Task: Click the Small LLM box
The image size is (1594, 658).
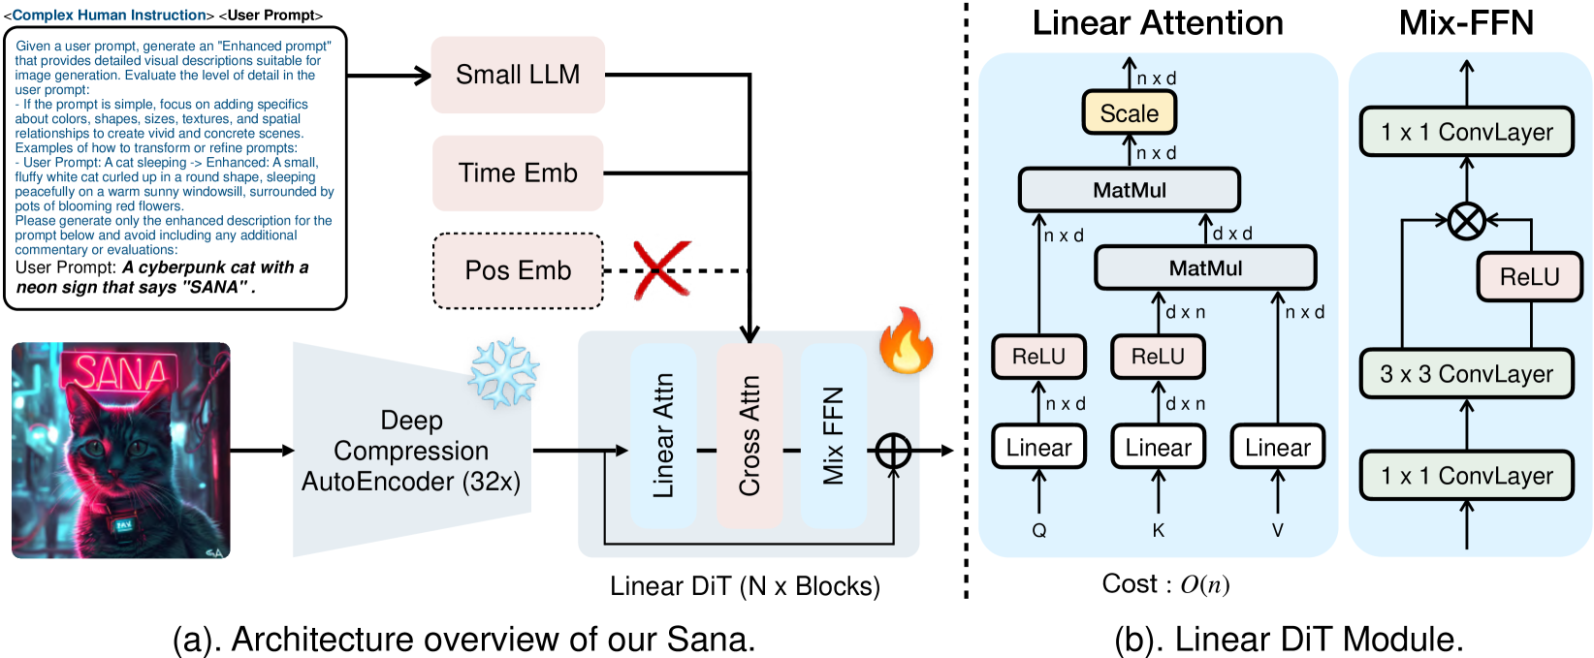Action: tap(518, 75)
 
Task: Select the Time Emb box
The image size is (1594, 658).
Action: tap(518, 172)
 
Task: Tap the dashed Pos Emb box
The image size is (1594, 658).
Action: tap(518, 270)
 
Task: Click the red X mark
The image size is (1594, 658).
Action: tap(662, 268)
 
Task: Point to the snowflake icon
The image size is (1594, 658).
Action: tap(503, 373)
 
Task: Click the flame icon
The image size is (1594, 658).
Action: tap(906, 340)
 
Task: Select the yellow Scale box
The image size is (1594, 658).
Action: tap(1130, 112)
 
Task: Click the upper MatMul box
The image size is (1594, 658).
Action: tap(1130, 190)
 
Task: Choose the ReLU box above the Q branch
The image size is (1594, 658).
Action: tap(1039, 357)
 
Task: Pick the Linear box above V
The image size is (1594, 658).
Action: tap(1278, 447)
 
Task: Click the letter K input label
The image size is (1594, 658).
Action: tap(1159, 530)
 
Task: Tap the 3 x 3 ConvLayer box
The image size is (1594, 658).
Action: tap(1467, 373)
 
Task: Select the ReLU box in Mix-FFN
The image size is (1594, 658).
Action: tap(1530, 276)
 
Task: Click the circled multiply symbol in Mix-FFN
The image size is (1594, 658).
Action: tap(1467, 221)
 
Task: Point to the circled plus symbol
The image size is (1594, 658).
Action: tap(893, 451)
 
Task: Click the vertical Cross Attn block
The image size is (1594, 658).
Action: tap(750, 436)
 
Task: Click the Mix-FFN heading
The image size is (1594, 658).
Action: tap(1466, 22)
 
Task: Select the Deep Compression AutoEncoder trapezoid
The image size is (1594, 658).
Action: tap(412, 450)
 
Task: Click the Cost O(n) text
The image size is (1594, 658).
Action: tap(1165, 584)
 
